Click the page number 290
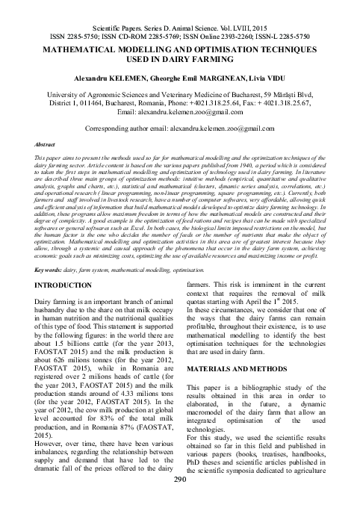click(x=179, y=498)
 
